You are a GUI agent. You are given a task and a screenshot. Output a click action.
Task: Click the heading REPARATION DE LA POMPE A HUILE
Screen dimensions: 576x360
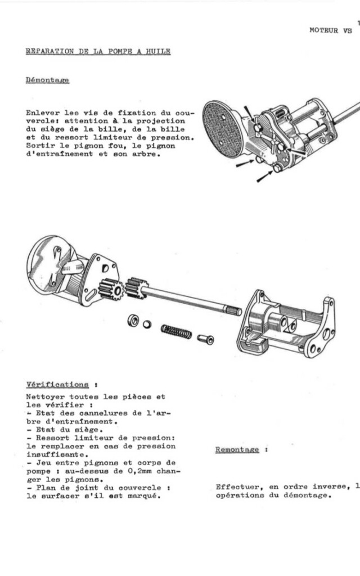pos(98,52)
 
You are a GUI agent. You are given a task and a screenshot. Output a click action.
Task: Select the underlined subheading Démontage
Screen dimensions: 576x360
pos(47,80)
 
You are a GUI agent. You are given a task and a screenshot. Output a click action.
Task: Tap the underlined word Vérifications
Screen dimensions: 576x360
pos(57,385)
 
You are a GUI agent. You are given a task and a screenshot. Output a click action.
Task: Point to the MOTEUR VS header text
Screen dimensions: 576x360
pos(331,30)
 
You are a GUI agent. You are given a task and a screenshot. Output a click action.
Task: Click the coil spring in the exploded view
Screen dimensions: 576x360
pos(175,331)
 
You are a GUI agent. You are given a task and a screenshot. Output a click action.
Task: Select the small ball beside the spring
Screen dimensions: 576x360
pos(147,324)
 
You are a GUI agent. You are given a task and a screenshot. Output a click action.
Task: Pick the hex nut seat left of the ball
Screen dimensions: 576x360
pos(133,320)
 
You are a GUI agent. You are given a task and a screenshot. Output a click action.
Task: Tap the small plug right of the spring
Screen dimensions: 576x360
pos(205,339)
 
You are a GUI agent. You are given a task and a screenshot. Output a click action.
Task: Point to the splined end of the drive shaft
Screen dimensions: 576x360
pos(232,309)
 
